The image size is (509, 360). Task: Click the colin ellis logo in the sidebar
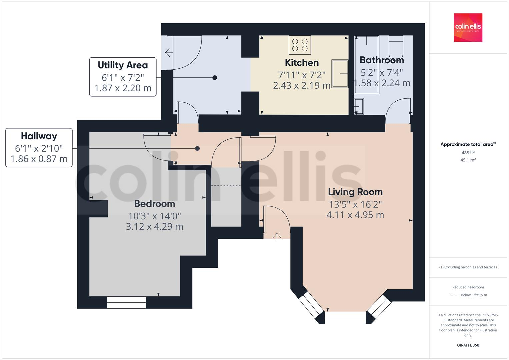pyautogui.click(x=468, y=28)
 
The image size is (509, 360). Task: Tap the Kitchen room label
pyautogui.click(x=302, y=63)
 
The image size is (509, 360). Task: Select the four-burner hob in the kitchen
pyautogui.click(x=300, y=45)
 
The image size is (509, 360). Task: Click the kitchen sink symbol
pyautogui.click(x=340, y=74)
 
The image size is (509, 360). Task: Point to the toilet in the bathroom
pyautogui.click(x=396, y=47)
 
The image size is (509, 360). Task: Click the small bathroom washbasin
pyautogui.click(x=359, y=106)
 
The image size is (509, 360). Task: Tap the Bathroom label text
pyautogui.click(x=382, y=60)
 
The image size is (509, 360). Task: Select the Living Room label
pyautogui.click(x=355, y=192)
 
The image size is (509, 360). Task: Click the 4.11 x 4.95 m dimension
pyautogui.click(x=355, y=215)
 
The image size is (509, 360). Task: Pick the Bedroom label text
pyautogui.click(x=154, y=204)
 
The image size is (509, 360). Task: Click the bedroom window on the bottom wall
pyautogui.click(x=127, y=302)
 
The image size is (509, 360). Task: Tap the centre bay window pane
pyautogui.click(x=345, y=318)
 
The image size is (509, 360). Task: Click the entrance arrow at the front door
pyautogui.click(x=277, y=237)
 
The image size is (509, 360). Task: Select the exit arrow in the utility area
pyautogui.click(x=168, y=53)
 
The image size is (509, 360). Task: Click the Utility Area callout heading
pyautogui.click(x=123, y=65)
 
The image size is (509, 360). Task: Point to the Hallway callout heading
pyautogui.click(x=39, y=136)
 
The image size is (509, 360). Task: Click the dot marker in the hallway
pyautogui.click(x=197, y=149)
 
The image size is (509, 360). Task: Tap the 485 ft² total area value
pyautogui.click(x=468, y=153)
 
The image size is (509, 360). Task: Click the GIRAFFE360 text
pyautogui.click(x=468, y=345)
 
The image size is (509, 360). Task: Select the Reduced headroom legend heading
pyautogui.click(x=468, y=287)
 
